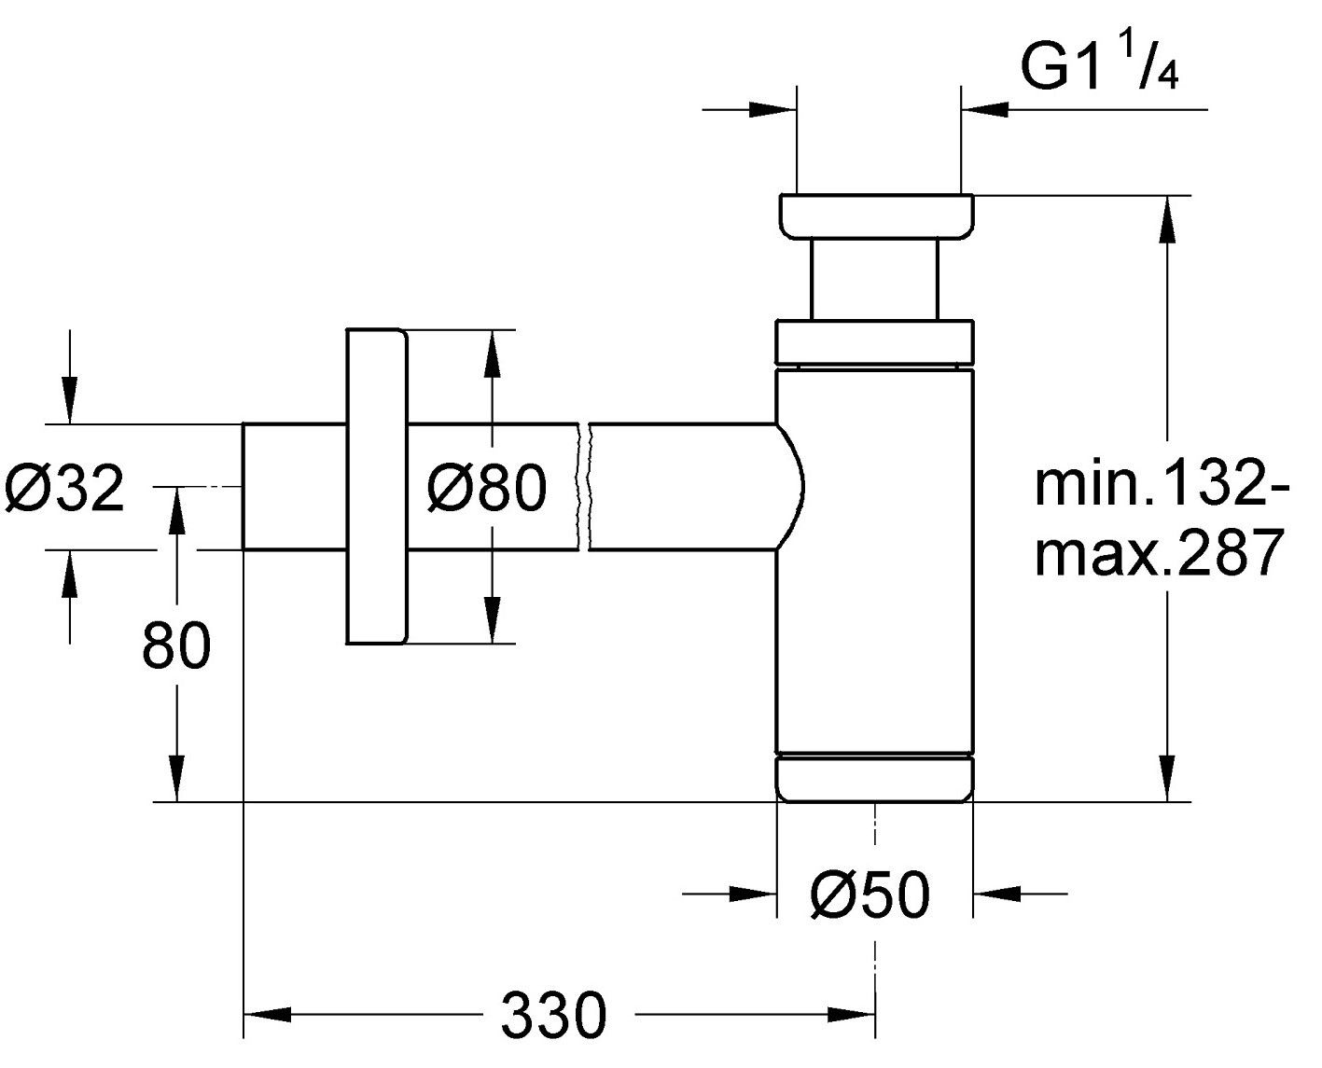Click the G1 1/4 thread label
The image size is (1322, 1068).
point(1099,67)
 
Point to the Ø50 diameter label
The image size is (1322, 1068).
point(870,895)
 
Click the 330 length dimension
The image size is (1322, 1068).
point(554,1014)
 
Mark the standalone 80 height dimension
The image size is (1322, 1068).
point(176,645)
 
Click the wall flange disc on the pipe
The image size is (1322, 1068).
point(377,486)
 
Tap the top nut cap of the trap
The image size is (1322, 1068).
point(875,216)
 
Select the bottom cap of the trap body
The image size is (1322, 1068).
point(875,778)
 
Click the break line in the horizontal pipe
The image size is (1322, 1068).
point(586,486)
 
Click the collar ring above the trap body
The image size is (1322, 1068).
point(875,340)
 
